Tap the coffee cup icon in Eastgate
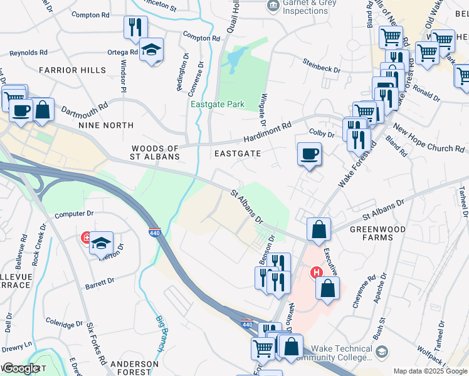(x=308, y=154)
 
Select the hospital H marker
(x=317, y=272)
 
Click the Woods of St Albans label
(x=155, y=152)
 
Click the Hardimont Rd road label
(x=270, y=132)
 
